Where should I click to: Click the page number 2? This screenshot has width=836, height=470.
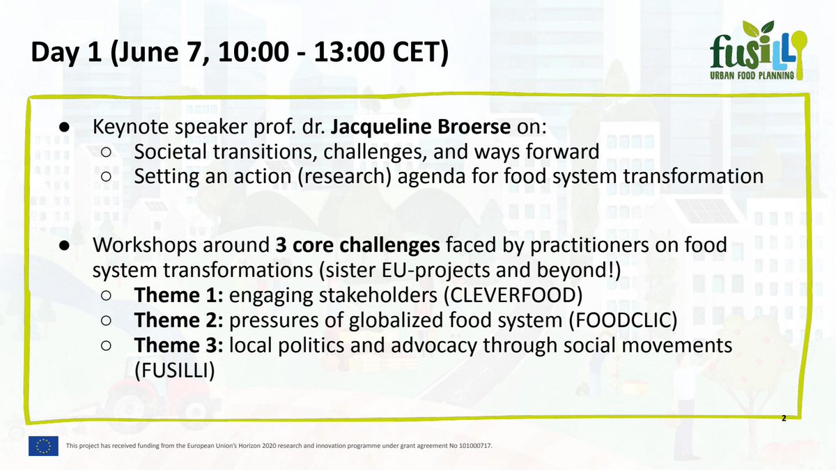click(x=784, y=418)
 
